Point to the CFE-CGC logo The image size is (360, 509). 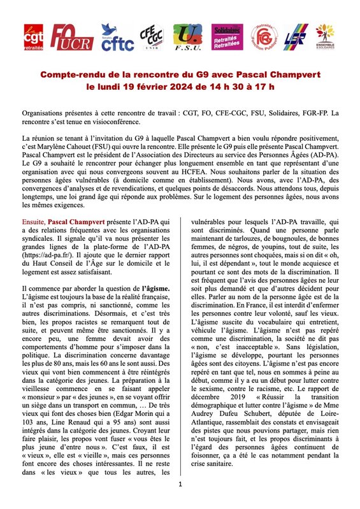click(153, 38)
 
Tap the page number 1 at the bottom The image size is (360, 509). click(180, 484)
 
